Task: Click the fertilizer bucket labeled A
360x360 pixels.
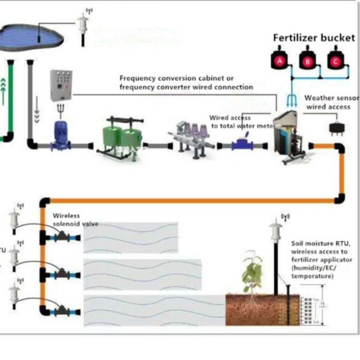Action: click(279, 60)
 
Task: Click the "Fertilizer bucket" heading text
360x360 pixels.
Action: click(314, 38)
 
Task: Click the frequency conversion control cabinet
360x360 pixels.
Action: click(61, 85)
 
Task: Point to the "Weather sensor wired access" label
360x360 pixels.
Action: click(332, 102)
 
